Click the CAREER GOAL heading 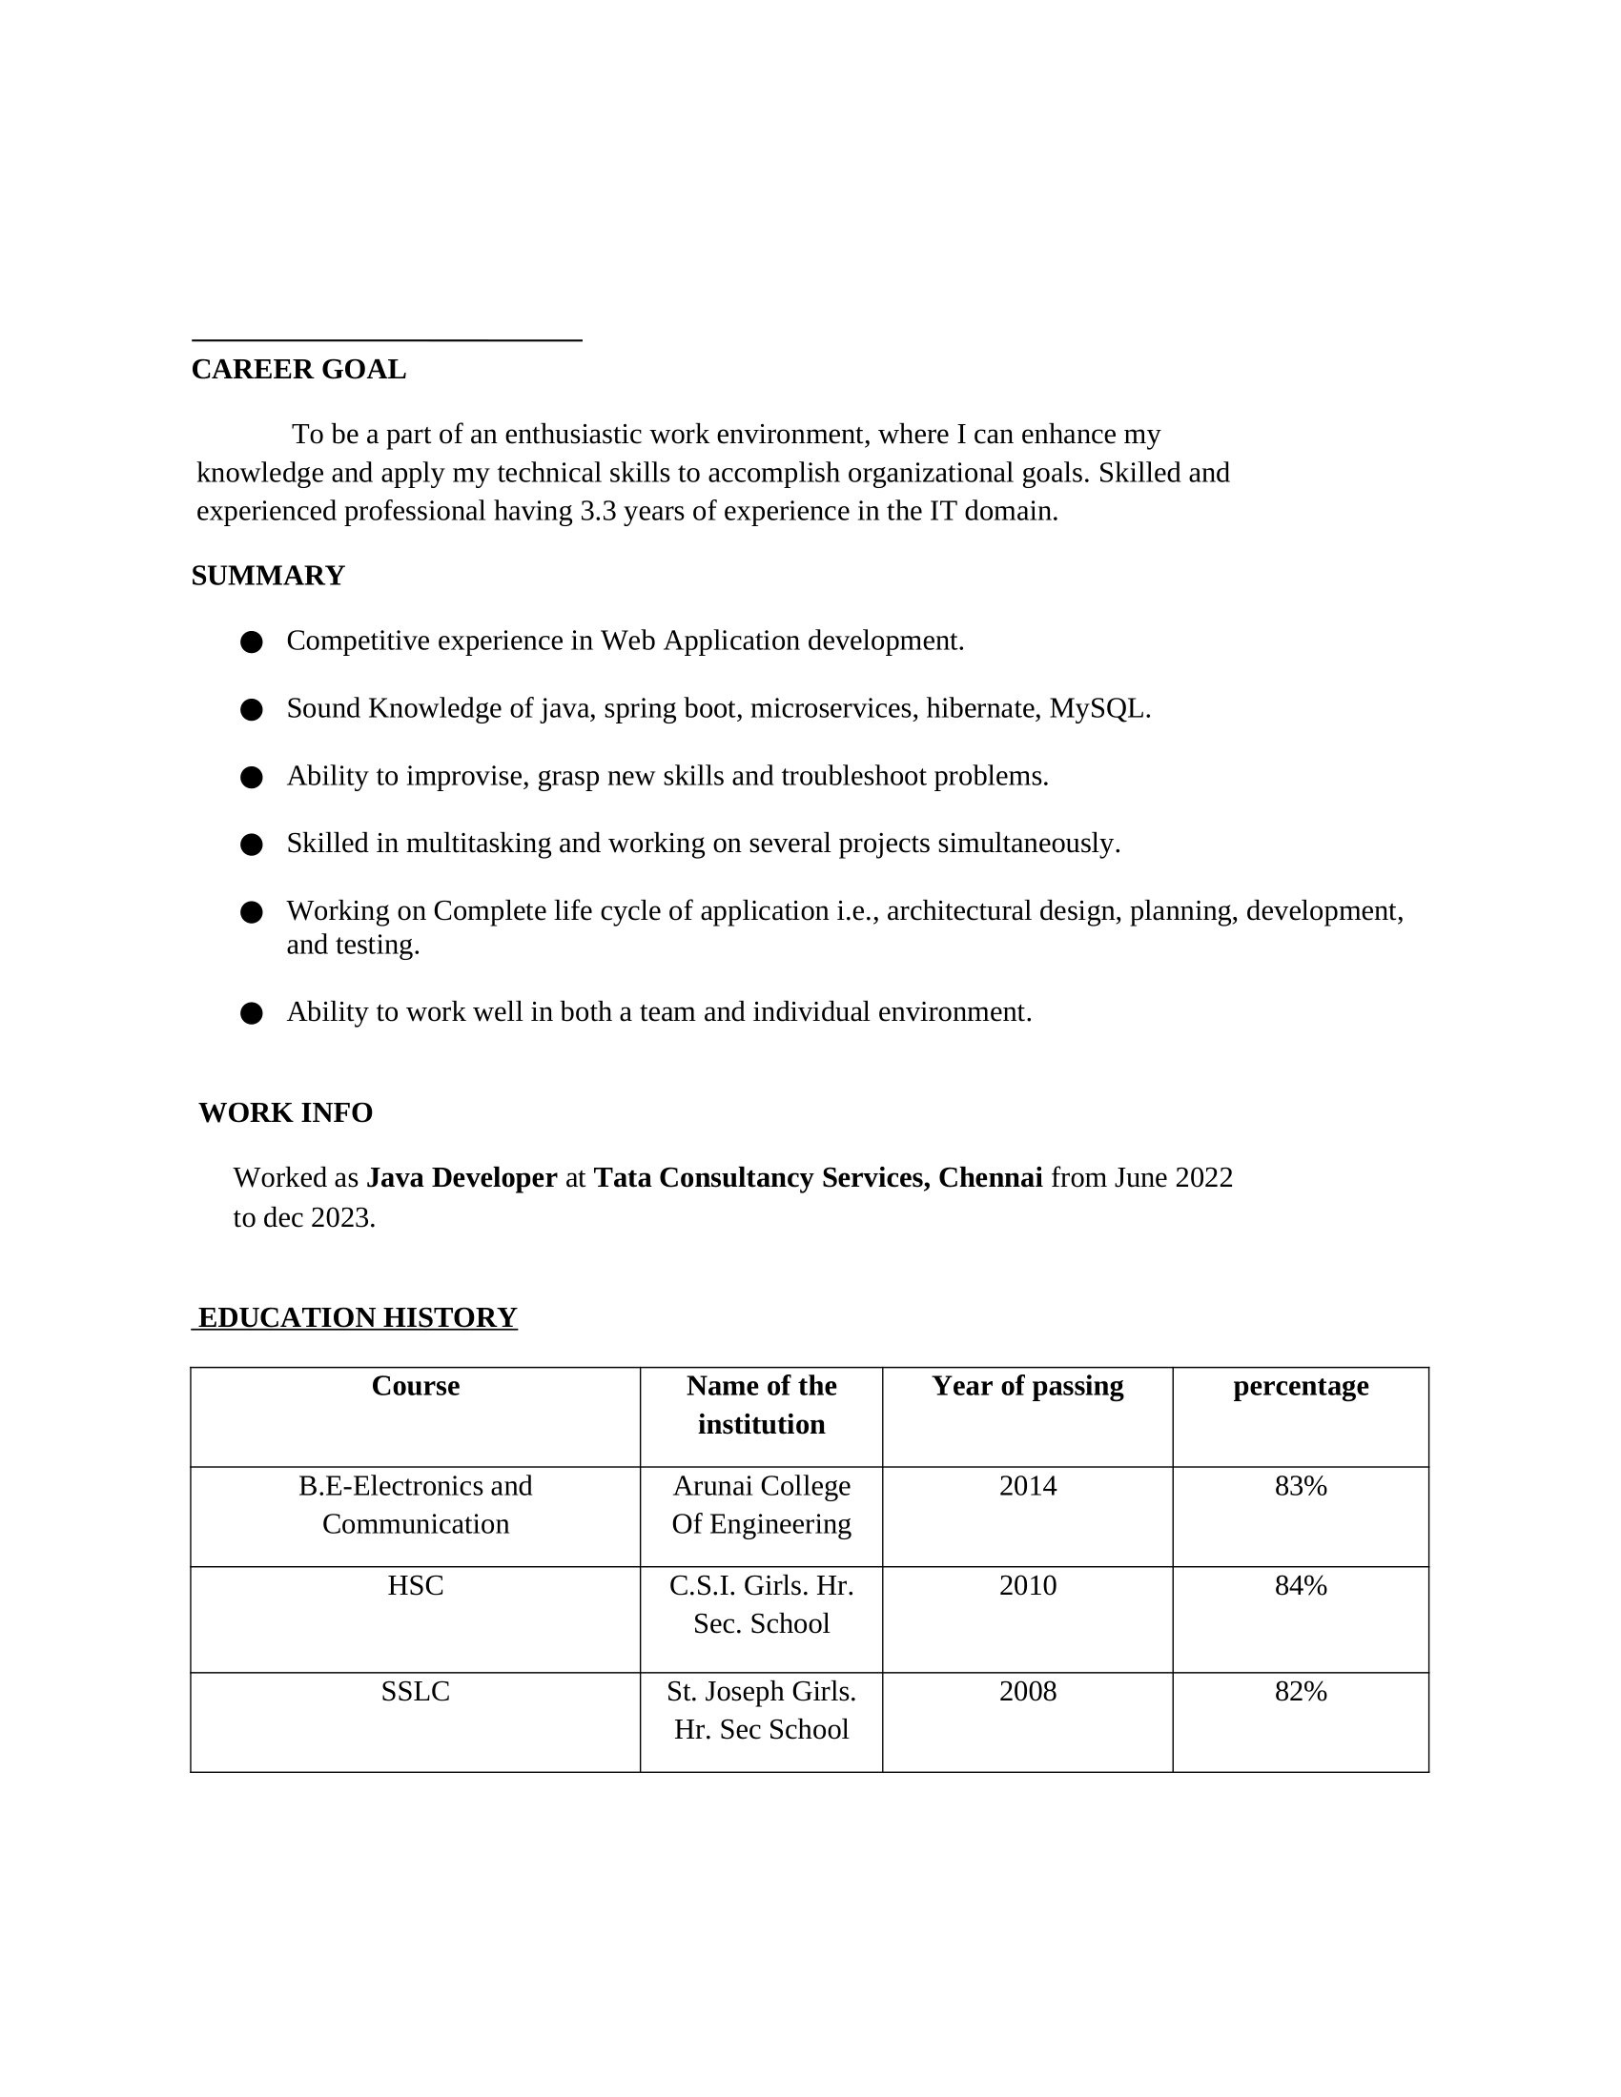pyautogui.click(x=298, y=370)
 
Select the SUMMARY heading pyautogui.click(x=268, y=576)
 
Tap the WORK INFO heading pyautogui.click(x=285, y=1112)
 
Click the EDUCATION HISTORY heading pyautogui.click(x=358, y=1317)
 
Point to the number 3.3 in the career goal pyautogui.click(x=598, y=512)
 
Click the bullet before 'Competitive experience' pyautogui.click(x=252, y=642)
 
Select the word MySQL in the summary pyautogui.click(x=1098, y=708)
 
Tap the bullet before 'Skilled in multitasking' pyautogui.click(x=252, y=845)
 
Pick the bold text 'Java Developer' pyautogui.click(x=461, y=1178)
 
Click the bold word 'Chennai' pyautogui.click(x=990, y=1178)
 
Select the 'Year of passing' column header pyautogui.click(x=1028, y=1387)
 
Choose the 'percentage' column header pyautogui.click(x=1301, y=1387)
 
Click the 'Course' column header pyautogui.click(x=415, y=1387)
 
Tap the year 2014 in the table pyautogui.click(x=1028, y=1486)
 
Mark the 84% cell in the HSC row pyautogui.click(x=1301, y=1586)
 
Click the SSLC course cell pyautogui.click(x=415, y=1692)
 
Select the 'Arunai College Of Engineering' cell pyautogui.click(x=762, y=1505)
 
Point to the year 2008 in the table pyautogui.click(x=1028, y=1692)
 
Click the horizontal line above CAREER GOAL pyautogui.click(x=387, y=340)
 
